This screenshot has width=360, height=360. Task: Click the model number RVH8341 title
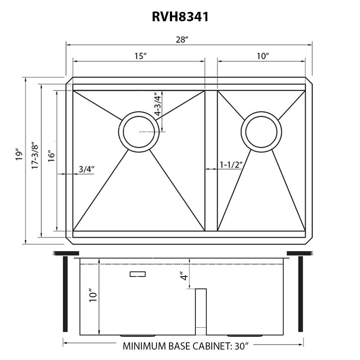click(x=180, y=17)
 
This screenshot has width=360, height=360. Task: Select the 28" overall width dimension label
click(x=182, y=40)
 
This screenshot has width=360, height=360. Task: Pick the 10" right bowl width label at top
click(x=263, y=56)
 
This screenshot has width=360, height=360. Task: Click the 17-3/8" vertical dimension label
click(x=35, y=156)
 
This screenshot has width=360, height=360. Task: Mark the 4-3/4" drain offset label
click(x=157, y=104)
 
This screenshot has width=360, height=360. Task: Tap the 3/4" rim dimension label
click(x=86, y=168)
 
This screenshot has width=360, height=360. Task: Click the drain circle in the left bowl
click(x=139, y=132)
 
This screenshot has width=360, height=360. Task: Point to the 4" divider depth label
click(x=184, y=278)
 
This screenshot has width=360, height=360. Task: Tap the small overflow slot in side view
click(x=138, y=274)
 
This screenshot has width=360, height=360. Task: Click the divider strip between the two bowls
click(x=211, y=160)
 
